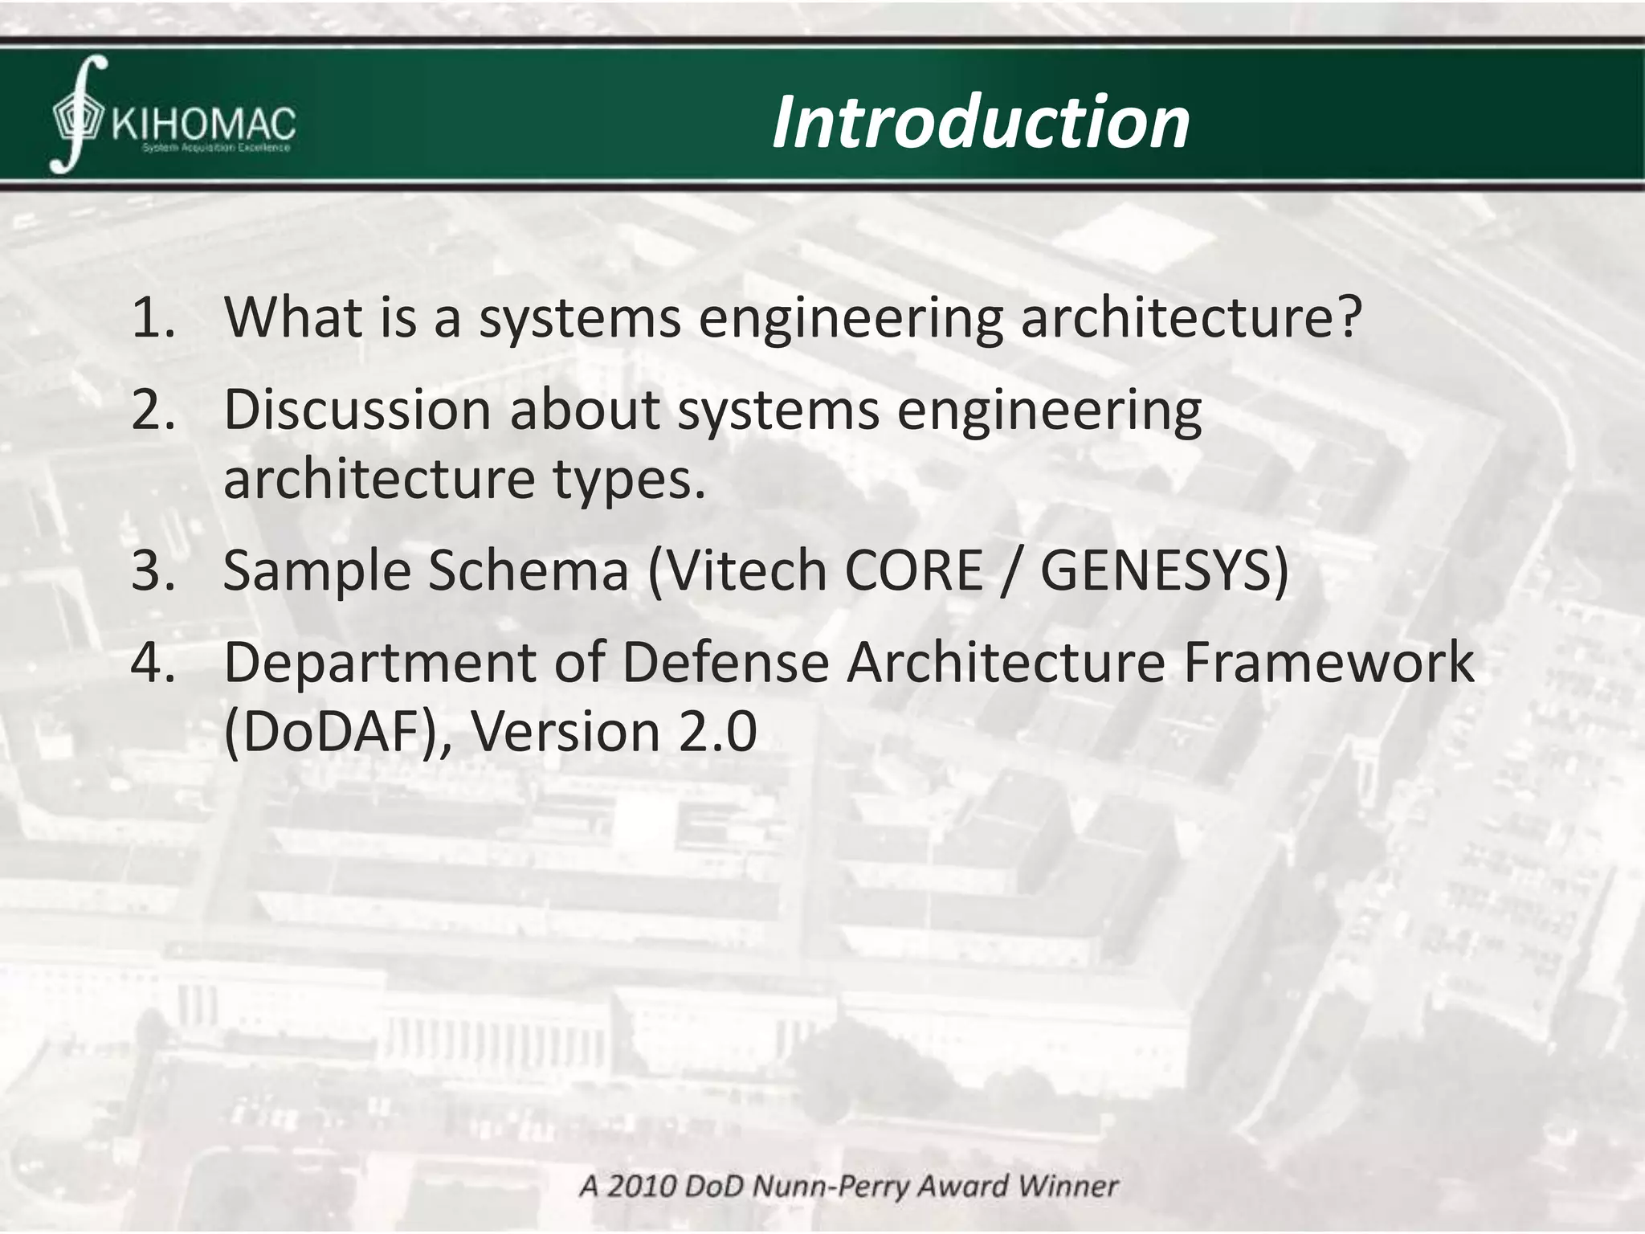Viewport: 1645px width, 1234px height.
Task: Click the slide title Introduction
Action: click(980, 122)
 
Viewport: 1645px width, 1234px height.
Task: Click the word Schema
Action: click(528, 570)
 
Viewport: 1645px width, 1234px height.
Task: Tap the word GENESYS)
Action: click(1164, 570)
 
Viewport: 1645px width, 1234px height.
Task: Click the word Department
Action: click(378, 663)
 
